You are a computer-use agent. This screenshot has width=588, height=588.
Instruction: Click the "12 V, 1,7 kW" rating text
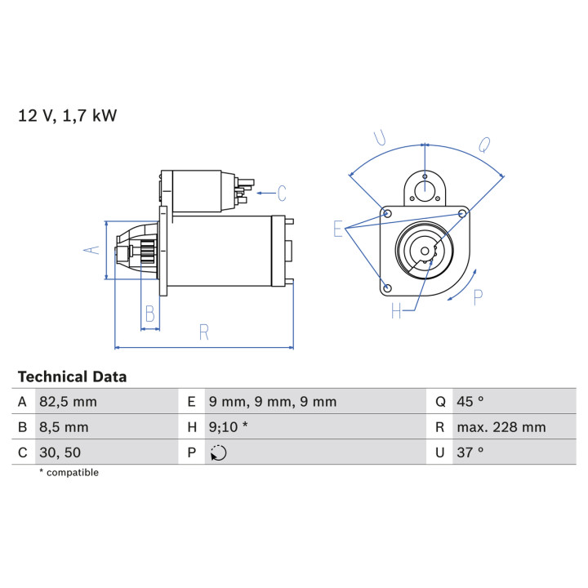click(x=68, y=115)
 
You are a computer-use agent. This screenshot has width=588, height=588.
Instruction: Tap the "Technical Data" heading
click(x=73, y=376)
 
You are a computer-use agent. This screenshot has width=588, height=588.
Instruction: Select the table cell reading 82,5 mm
click(x=69, y=402)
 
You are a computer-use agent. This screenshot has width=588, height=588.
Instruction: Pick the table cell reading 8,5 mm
click(x=64, y=427)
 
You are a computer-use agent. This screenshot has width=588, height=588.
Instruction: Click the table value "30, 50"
click(x=60, y=452)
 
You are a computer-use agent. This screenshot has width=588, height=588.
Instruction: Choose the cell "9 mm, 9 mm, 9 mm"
click(x=273, y=402)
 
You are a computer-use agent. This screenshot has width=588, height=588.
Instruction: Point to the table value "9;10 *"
click(x=229, y=427)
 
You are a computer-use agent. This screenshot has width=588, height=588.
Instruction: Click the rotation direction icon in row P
click(x=218, y=452)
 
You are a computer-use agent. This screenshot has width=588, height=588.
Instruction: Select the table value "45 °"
click(x=470, y=402)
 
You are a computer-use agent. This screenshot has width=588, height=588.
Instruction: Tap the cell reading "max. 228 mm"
click(x=501, y=427)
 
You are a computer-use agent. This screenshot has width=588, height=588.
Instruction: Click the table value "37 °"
click(x=470, y=452)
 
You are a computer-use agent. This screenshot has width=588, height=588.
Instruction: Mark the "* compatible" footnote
click(x=69, y=473)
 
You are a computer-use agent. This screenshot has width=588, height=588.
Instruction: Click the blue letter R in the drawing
click(x=204, y=332)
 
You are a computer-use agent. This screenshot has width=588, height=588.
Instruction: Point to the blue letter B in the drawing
click(x=150, y=314)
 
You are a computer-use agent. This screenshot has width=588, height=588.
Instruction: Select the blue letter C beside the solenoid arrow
click(x=282, y=194)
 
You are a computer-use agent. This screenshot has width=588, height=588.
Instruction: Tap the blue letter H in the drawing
click(x=396, y=310)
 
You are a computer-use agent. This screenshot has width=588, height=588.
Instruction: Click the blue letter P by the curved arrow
click(x=478, y=298)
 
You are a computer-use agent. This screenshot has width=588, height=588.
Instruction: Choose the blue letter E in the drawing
click(x=338, y=229)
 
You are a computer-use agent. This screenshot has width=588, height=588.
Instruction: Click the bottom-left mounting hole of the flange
click(x=388, y=288)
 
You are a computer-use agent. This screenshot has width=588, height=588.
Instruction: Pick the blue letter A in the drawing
click(x=91, y=250)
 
